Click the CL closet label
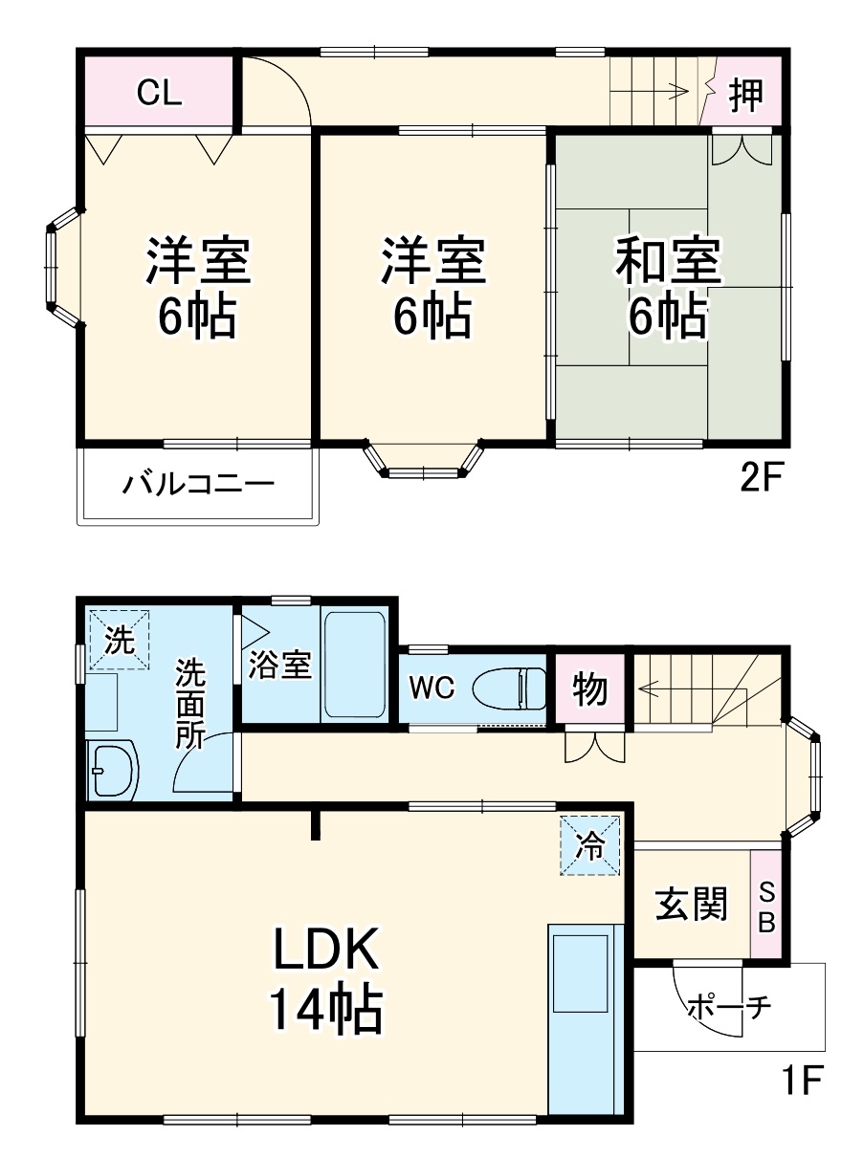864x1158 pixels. point(159,93)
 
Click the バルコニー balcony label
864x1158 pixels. point(198,484)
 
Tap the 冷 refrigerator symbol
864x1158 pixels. point(590,844)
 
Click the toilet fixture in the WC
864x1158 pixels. point(507,686)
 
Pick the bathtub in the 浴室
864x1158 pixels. point(355,664)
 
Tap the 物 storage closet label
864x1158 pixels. point(590,688)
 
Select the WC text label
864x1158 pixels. point(433,687)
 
